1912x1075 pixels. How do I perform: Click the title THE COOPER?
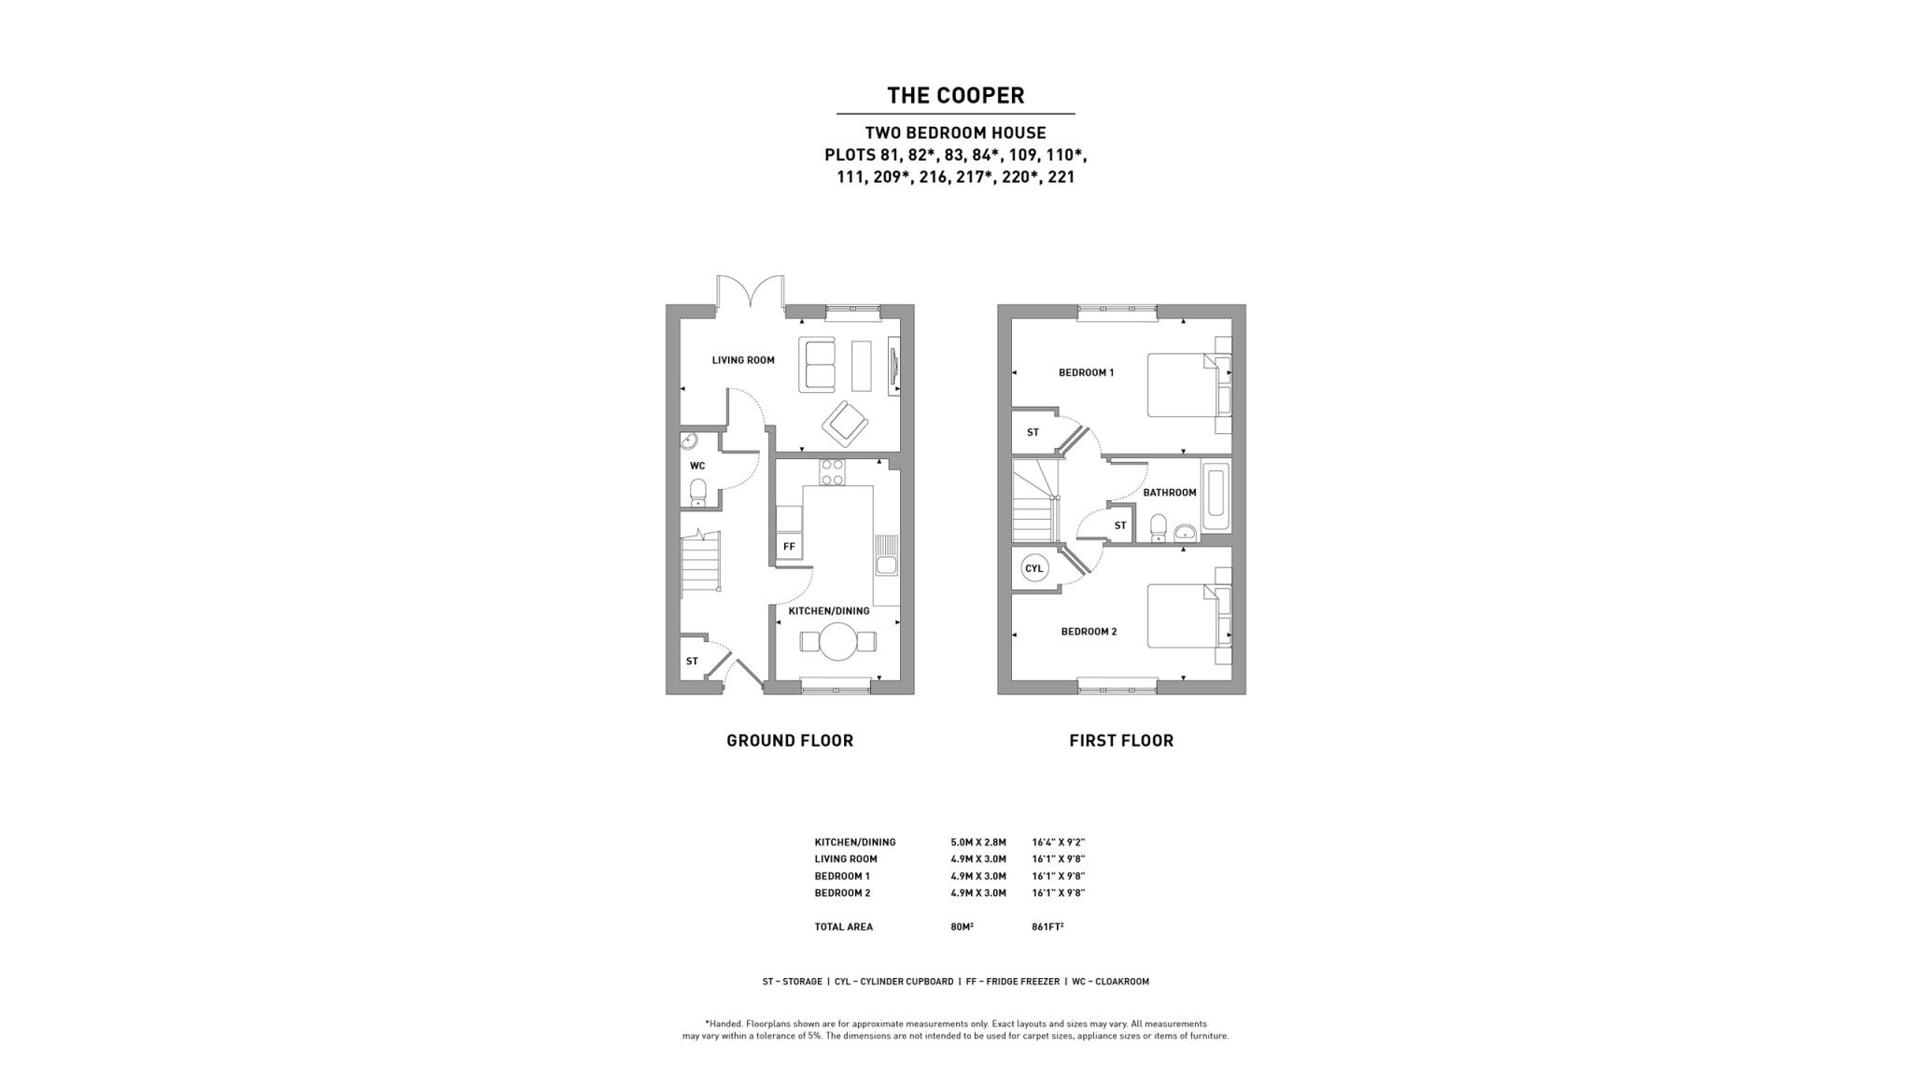[955, 95]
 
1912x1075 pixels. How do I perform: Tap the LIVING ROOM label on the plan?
[743, 360]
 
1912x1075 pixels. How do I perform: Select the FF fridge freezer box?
[789, 546]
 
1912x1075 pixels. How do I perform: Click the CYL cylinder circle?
[1034, 568]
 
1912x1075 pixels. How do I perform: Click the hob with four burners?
[832, 472]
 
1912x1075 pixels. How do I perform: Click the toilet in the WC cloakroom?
[697, 492]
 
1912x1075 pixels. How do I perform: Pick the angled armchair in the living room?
[846, 425]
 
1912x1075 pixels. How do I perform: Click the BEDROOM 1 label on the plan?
[1086, 372]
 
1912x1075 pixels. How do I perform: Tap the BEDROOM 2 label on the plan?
[1089, 632]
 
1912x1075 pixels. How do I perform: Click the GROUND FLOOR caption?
[790, 740]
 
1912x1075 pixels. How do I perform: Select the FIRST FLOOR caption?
[1121, 740]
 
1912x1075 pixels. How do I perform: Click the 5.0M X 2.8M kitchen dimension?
[978, 843]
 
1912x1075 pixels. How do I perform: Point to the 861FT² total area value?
[1047, 927]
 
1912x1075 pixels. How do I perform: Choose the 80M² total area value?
[962, 927]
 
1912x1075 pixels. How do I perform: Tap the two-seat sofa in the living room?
[818, 365]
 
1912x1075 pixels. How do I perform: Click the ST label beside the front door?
[692, 662]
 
